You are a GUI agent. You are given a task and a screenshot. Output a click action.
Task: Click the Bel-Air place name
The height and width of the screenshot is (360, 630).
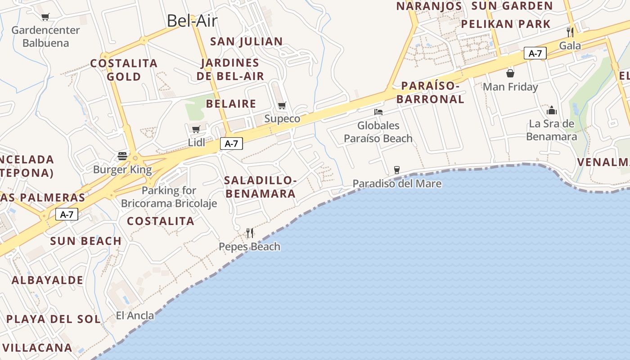[192, 21]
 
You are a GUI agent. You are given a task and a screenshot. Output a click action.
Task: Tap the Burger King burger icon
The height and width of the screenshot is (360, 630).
[122, 156]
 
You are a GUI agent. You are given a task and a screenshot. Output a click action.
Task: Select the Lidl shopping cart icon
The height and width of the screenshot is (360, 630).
[196, 130]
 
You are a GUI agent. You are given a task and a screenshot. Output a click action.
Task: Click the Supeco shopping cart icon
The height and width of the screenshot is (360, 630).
[282, 106]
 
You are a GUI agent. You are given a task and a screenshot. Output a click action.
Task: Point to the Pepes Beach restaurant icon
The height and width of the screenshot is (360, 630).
[250, 233]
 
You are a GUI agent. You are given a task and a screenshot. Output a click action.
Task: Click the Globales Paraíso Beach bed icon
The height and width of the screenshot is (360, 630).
[378, 112]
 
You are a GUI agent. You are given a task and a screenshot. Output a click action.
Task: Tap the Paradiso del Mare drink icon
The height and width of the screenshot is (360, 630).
[396, 170]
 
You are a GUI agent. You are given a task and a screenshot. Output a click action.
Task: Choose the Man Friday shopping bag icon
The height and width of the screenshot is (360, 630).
[510, 73]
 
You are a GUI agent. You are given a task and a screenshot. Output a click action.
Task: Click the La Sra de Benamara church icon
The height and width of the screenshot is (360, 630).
[552, 110]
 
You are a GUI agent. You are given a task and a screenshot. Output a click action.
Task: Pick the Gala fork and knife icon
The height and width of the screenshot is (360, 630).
[570, 32]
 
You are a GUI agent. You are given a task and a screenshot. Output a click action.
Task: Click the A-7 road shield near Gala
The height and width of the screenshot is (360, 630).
[535, 54]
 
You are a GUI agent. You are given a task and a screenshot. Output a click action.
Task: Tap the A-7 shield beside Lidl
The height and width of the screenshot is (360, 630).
[231, 144]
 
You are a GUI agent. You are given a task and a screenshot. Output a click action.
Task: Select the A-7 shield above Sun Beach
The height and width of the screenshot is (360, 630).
[67, 215]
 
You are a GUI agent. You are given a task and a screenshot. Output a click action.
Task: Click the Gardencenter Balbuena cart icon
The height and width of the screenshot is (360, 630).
[45, 17]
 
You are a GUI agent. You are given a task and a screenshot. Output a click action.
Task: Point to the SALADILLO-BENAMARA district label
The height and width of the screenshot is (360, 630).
[261, 187]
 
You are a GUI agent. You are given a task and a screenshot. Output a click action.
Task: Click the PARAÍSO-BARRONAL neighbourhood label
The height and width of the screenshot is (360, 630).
[430, 92]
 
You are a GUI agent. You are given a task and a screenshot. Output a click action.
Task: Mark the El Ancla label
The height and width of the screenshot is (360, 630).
[135, 315]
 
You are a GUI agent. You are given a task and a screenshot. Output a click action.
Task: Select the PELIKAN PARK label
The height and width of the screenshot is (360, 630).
[506, 24]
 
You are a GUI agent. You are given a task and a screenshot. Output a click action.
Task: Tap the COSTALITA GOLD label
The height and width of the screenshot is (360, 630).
[124, 70]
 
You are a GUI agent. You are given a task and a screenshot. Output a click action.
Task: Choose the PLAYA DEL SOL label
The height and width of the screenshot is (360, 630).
[54, 319]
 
